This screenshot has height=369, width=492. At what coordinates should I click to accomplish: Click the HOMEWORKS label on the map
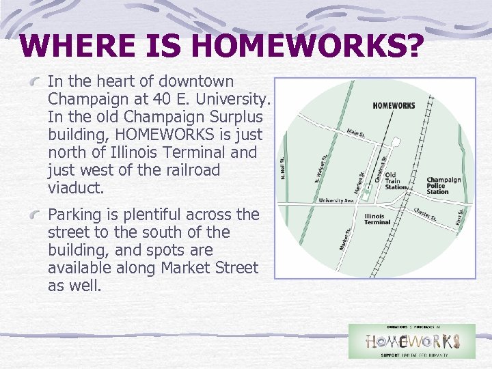(x=394, y=106)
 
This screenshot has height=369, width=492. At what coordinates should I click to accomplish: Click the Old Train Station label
(x=395, y=182)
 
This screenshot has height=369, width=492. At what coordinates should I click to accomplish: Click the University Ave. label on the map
(x=337, y=201)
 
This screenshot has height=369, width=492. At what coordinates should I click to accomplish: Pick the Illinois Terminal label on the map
(x=377, y=219)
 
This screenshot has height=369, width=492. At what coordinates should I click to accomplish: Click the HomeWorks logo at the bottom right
(x=411, y=341)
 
